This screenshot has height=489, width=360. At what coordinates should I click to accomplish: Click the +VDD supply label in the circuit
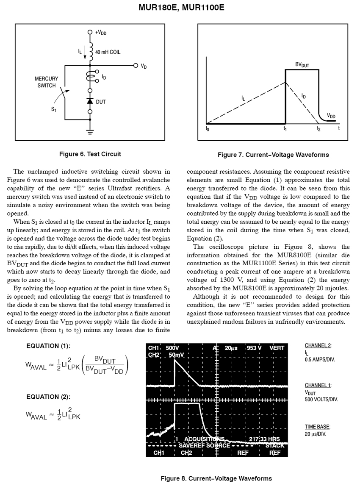[x=101, y=32]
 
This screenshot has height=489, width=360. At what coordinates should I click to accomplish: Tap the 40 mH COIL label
[x=108, y=52]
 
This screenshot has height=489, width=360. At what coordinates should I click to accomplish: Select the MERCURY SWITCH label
[x=46, y=82]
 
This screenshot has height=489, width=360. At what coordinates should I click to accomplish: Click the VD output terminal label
[x=144, y=67]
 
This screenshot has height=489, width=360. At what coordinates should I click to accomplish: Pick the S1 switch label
[x=54, y=109]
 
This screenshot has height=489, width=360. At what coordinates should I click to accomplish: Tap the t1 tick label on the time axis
[x=285, y=129]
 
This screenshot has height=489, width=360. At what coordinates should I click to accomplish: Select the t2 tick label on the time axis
[x=318, y=129]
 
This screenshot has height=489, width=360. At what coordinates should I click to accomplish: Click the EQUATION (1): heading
[x=48, y=346]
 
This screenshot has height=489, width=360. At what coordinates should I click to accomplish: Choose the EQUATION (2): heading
[x=48, y=397]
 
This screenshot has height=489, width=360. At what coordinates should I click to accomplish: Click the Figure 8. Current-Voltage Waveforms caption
[x=216, y=479]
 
